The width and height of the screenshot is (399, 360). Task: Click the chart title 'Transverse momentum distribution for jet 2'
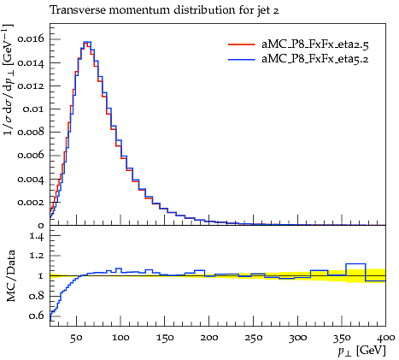tap(164, 11)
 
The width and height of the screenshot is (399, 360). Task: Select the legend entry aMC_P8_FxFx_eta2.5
tap(315, 44)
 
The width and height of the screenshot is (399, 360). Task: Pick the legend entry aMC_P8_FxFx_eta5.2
tap(315, 59)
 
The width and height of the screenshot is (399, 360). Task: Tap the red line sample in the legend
tap(241, 44)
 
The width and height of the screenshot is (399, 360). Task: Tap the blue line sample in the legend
tap(241, 59)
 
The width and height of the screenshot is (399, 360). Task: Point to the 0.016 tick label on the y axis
tap(31, 38)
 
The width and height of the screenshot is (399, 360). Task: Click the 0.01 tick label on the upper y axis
tap(33, 109)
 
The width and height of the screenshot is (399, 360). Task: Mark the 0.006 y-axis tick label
tap(31, 156)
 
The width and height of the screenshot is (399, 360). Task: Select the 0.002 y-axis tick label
tap(31, 202)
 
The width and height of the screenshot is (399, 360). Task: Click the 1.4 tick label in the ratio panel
tap(37, 236)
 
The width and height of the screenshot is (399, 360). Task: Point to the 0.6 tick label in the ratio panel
tap(37, 316)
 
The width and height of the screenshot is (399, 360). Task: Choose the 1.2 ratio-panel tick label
tap(37, 256)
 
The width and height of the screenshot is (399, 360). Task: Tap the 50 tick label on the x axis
tap(76, 338)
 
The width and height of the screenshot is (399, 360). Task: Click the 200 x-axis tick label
tap(208, 338)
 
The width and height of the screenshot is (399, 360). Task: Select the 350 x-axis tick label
tap(342, 338)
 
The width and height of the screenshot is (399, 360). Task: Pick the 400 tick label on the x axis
tap(386, 338)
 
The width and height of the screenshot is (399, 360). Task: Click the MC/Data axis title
tap(10, 276)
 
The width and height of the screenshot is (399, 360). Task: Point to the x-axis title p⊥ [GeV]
tap(361, 351)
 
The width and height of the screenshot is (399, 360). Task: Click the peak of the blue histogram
tap(87, 42)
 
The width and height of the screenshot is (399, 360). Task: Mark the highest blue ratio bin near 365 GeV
tap(355, 264)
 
